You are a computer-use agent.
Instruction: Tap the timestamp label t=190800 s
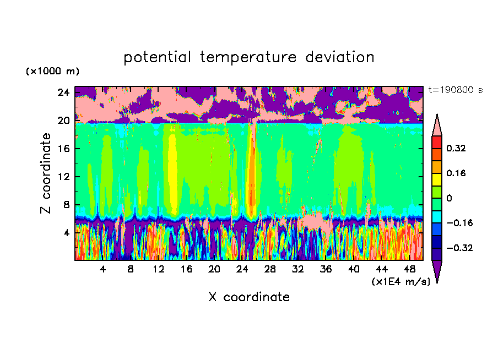(x=455, y=90)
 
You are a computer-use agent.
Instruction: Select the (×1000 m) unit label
(x=52, y=72)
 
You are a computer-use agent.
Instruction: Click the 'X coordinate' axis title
(x=249, y=297)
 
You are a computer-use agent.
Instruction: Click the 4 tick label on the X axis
(x=103, y=269)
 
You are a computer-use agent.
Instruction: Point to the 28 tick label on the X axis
(x=270, y=269)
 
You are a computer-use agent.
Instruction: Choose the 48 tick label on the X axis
(x=409, y=269)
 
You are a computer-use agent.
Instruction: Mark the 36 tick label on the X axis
(x=326, y=269)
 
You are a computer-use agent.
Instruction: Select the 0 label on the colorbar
(x=449, y=198)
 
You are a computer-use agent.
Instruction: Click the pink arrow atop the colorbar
(x=437, y=125)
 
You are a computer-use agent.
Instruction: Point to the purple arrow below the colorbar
(x=437, y=271)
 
